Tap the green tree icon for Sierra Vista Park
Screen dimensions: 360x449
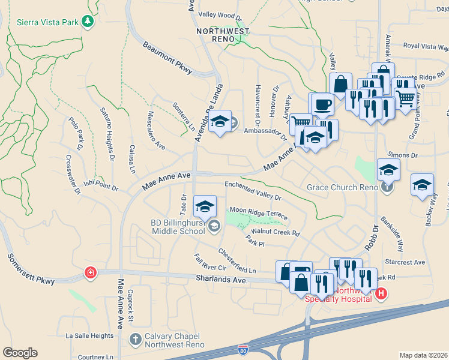point(88,22)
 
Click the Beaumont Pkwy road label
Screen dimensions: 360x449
point(167,59)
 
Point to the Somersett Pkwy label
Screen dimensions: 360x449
point(31,268)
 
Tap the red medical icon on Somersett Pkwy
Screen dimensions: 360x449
point(90,273)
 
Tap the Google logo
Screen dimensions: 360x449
point(20,352)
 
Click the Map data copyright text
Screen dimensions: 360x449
point(423,355)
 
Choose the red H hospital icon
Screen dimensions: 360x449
point(380,293)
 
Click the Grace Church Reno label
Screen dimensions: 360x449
point(342,187)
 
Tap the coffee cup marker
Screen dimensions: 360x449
point(322,104)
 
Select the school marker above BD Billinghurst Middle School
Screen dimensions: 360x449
point(205,207)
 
